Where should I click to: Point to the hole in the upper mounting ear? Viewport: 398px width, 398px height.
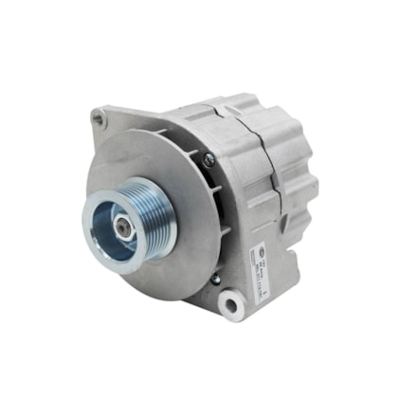point(98,118)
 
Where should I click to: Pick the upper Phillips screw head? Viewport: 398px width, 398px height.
point(208,160)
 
